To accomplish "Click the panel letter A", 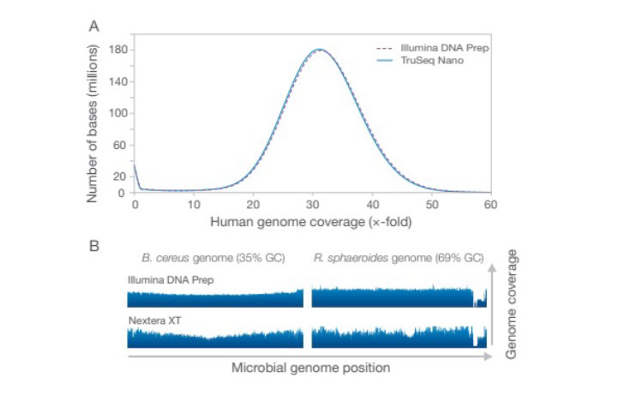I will [x=94, y=27].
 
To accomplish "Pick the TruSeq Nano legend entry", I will [x=426, y=61].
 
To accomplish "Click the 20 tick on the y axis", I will [x=121, y=177].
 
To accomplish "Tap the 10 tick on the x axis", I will [x=194, y=206].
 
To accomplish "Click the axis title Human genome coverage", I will [x=312, y=222].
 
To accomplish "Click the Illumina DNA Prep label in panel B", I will [x=164, y=280].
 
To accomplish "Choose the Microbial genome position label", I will [x=310, y=368].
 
